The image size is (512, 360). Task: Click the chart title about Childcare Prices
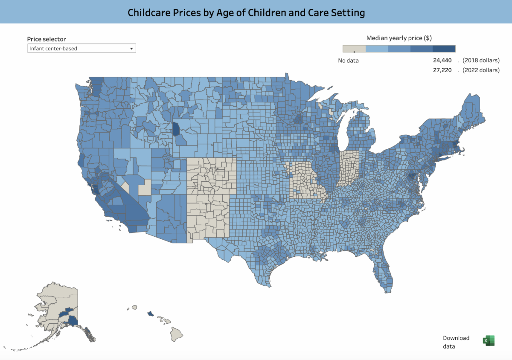tap(246, 13)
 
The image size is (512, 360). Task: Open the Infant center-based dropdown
tap(81, 49)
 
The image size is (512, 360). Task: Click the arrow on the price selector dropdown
tap(131, 49)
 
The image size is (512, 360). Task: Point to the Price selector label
tap(47, 39)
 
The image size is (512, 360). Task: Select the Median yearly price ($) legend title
tap(399, 38)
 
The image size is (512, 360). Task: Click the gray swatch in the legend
tap(354, 49)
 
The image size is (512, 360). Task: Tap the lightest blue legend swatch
tap(377, 49)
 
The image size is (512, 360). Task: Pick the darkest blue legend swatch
tap(444, 49)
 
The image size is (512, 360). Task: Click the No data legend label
tap(349, 61)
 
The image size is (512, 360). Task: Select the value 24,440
tap(442, 60)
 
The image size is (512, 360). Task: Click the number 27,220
tap(442, 70)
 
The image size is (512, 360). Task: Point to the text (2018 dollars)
tap(481, 60)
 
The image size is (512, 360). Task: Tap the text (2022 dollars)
tap(481, 70)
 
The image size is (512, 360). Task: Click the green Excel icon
tap(488, 340)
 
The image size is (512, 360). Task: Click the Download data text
tap(456, 342)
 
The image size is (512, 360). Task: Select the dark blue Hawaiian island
tap(150, 314)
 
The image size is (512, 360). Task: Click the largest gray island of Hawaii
tap(177, 334)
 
